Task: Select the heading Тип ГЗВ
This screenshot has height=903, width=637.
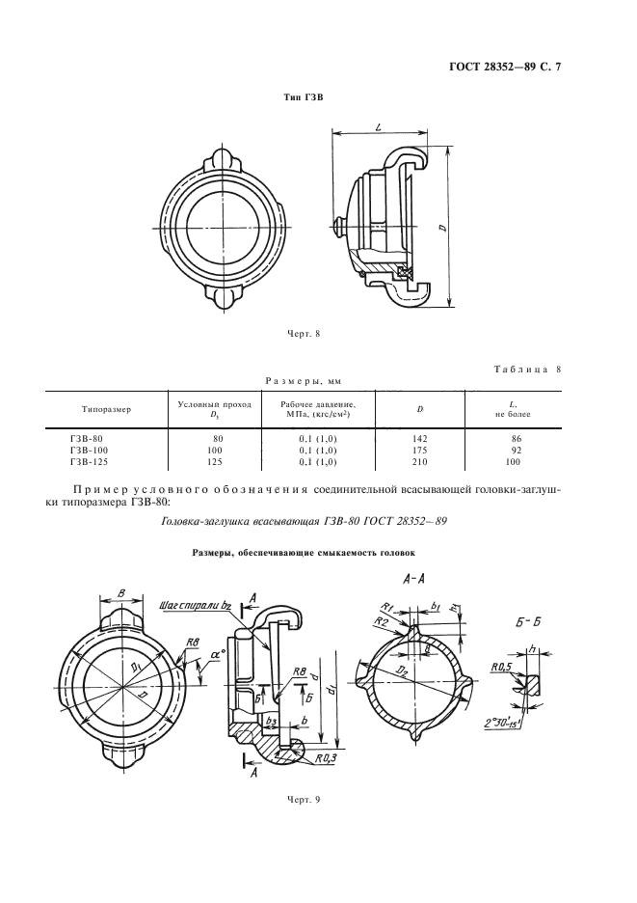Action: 304,98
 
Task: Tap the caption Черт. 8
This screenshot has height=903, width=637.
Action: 304,334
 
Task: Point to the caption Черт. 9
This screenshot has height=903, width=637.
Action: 304,798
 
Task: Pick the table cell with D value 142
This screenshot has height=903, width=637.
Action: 420,438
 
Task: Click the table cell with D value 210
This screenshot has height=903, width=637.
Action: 420,460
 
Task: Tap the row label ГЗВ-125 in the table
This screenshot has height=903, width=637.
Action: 89,460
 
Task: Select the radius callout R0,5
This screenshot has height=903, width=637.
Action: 499,667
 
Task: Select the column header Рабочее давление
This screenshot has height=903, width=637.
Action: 311,409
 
